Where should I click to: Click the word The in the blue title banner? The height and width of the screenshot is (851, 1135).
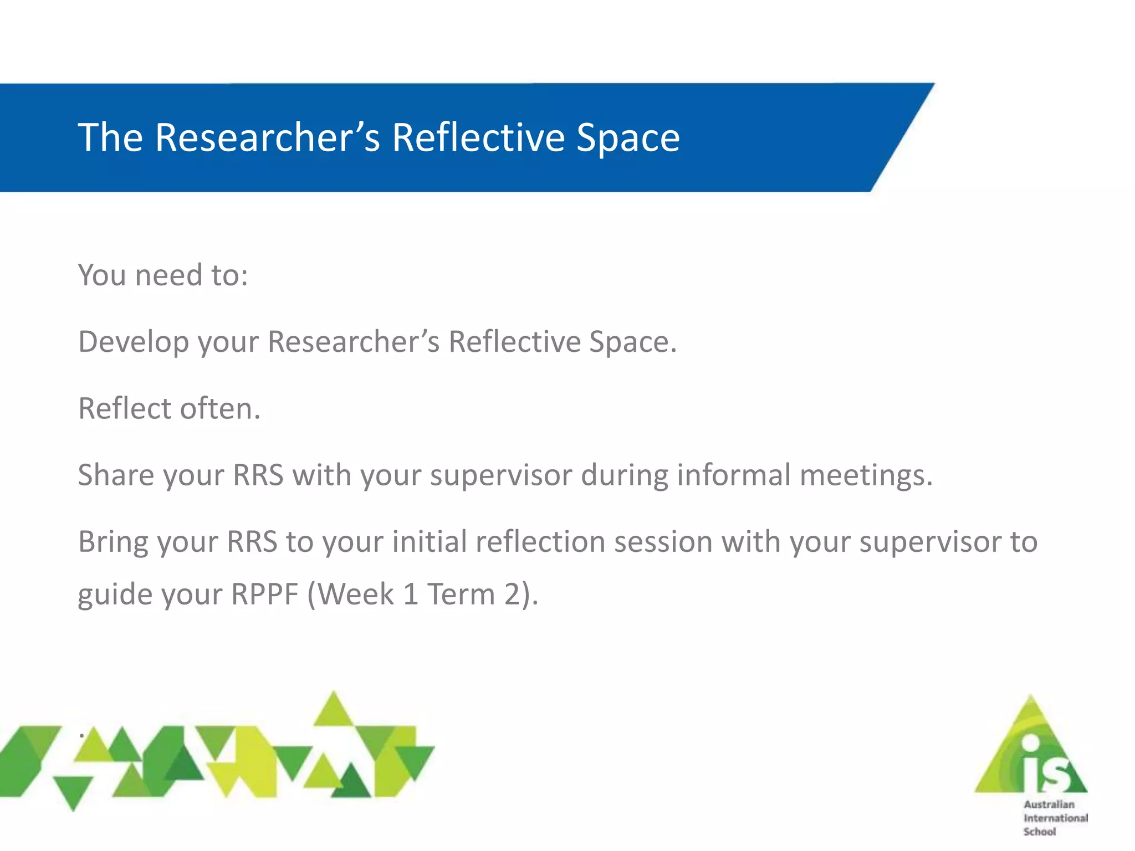[110, 137]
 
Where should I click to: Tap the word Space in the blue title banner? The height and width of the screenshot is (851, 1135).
[628, 137]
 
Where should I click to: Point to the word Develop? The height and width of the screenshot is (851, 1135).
[134, 342]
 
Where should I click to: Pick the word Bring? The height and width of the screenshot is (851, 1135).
[113, 542]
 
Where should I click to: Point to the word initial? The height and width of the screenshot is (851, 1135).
[429, 541]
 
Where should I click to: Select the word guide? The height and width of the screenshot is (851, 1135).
[111, 595]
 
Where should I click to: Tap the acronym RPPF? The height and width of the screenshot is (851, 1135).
[265, 594]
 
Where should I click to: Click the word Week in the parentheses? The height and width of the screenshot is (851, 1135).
[356, 594]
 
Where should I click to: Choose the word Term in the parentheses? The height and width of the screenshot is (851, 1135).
[461, 594]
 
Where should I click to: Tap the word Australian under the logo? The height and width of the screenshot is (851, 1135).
[1049, 804]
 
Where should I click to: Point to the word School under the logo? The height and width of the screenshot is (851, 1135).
[1040, 832]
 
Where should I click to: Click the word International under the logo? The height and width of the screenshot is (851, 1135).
[1055, 818]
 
